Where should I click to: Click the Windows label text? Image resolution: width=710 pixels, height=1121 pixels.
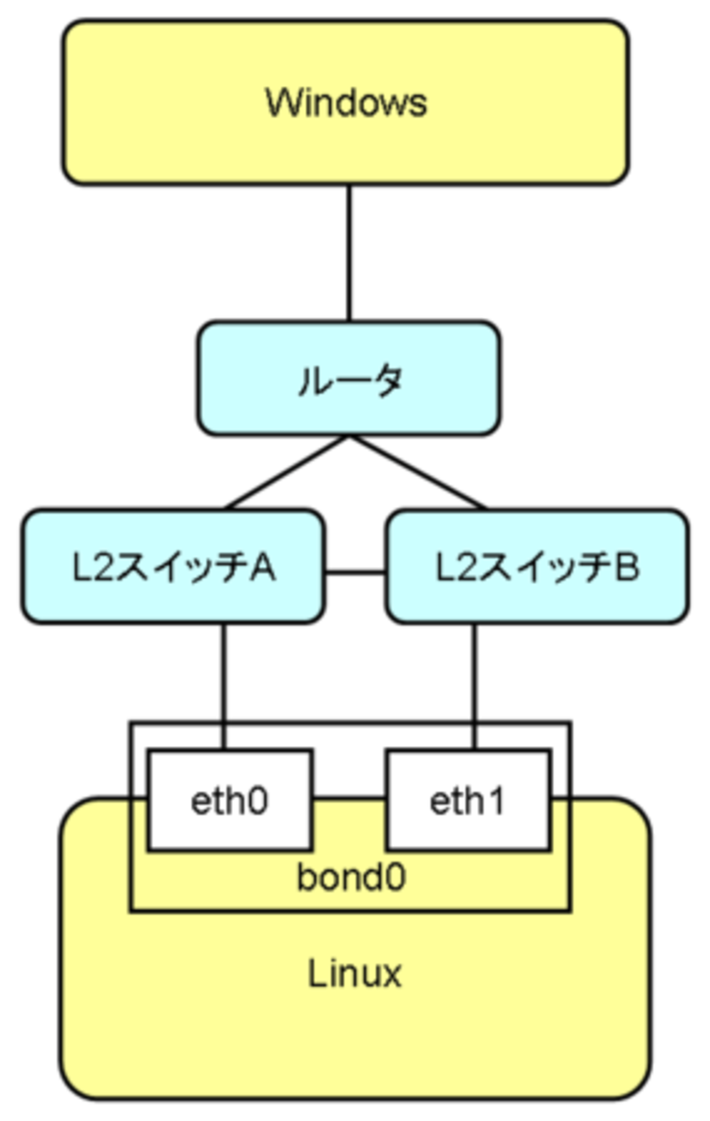coord(346,103)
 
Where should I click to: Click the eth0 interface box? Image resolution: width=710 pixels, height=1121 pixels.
coord(229,800)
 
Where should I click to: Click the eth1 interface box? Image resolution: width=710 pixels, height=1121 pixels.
coord(468,800)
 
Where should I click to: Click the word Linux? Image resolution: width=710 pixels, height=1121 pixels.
coord(355,974)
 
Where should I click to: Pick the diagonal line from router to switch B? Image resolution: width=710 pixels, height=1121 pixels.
coord(418,472)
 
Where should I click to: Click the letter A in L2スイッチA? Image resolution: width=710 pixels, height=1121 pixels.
coord(263,567)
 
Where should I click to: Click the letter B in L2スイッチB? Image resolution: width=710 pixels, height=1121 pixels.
coord(626,567)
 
